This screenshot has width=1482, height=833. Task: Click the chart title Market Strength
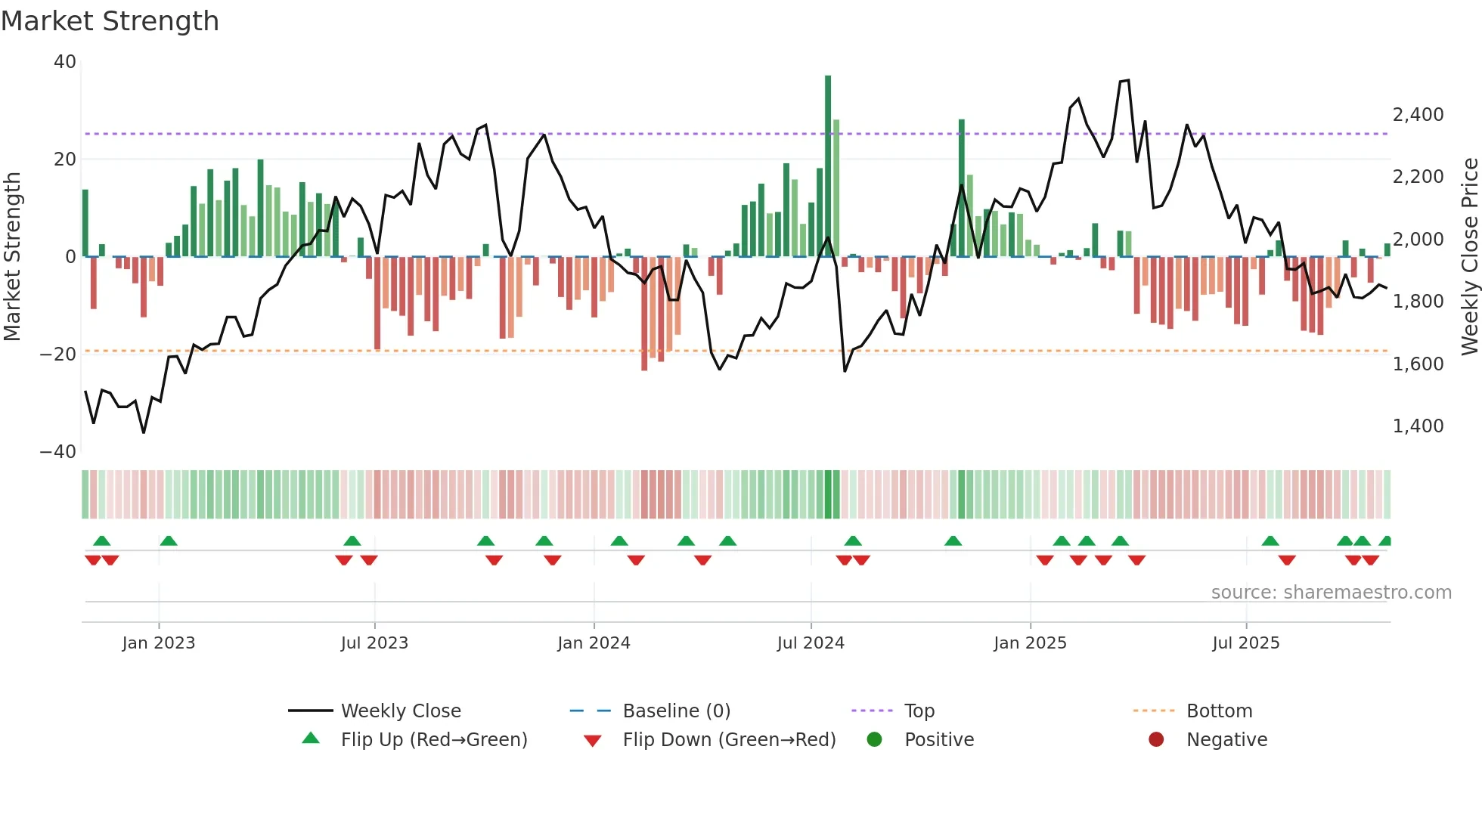110,21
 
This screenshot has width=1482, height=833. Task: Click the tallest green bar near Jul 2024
828,166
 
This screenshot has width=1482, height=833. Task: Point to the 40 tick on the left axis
65,62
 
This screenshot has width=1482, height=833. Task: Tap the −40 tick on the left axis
58,452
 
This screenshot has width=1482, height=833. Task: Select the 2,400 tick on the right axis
1418,115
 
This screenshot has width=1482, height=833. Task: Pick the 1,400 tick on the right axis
1418,426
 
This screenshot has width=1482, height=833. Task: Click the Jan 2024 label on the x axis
594,643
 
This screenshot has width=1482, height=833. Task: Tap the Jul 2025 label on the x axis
1245,643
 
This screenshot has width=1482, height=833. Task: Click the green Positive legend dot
875,740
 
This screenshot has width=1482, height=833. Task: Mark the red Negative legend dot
1156,740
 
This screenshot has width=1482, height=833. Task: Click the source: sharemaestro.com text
1331,593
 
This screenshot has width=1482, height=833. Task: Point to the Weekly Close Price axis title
1469,257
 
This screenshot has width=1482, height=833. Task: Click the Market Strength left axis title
13,257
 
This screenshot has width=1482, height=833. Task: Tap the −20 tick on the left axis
58,355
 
